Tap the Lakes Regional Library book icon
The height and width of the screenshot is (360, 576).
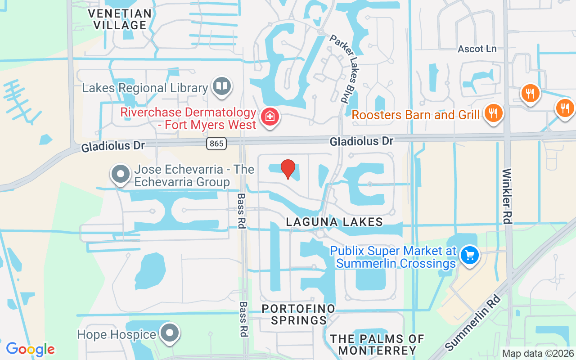[221, 86]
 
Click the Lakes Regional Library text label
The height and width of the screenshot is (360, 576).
[144, 88]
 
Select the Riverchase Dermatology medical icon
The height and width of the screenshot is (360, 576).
[270, 117]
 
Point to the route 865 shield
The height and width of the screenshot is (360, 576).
[216, 144]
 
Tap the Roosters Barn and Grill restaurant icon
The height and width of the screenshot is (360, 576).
[494, 112]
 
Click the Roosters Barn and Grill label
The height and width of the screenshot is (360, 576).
[415, 115]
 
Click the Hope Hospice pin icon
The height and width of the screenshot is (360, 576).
[170, 333]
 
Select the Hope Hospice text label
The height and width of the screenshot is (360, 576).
[117, 335]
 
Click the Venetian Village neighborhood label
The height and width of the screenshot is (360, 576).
[121, 19]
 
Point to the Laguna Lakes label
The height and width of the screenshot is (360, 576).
[334, 222]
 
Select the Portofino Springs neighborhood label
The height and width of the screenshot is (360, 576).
[298, 315]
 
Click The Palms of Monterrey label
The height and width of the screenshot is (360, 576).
[377, 344]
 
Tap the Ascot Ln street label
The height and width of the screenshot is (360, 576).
[477, 49]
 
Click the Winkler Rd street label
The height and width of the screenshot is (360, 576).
[507, 196]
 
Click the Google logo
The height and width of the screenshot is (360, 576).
[30, 349]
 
